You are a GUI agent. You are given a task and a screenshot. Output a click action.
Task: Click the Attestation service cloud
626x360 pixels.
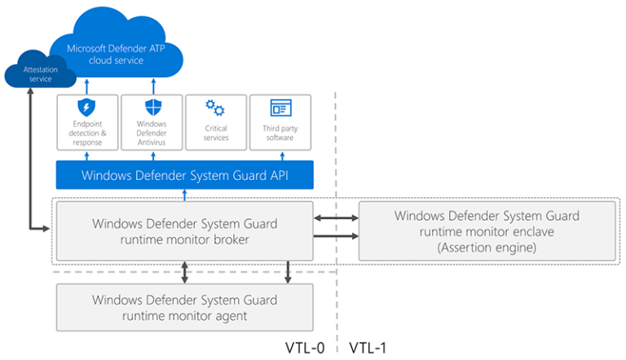coord(35,74)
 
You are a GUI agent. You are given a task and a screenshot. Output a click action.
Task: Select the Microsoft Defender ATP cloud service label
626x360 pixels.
coord(116,55)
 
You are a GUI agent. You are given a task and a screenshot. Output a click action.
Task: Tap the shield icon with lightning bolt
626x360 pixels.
coord(87,108)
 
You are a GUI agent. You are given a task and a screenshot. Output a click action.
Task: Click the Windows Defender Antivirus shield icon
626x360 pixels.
coord(152,108)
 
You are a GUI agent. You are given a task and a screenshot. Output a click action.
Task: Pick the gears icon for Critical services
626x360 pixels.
coord(216,108)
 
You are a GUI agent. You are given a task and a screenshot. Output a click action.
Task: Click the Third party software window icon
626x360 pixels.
coord(280,108)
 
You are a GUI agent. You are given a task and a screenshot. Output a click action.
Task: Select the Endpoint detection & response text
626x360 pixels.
coord(87,133)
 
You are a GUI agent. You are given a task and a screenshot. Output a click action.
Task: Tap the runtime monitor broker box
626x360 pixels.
coord(184,230)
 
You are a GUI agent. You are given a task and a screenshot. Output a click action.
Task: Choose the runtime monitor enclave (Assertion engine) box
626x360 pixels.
coord(487,230)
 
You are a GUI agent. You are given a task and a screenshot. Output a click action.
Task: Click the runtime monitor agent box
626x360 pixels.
coord(184,307)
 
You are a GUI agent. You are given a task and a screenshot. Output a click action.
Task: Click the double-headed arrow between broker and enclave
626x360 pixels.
coord(336,218)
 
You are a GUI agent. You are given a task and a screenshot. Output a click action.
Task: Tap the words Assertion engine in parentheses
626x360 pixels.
coord(487,247)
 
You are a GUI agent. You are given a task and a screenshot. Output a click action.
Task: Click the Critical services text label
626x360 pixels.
coord(216,133)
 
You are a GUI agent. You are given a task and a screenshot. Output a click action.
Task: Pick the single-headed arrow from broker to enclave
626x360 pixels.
coord(336,236)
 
